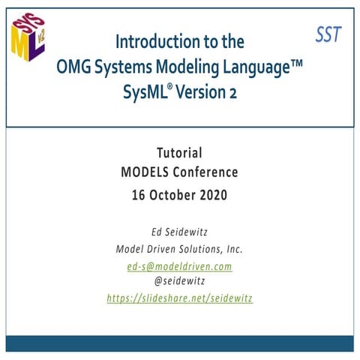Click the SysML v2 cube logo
27,34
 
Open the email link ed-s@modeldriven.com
179,266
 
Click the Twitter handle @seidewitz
179,282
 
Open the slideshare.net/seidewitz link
179,298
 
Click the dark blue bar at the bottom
180,343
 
